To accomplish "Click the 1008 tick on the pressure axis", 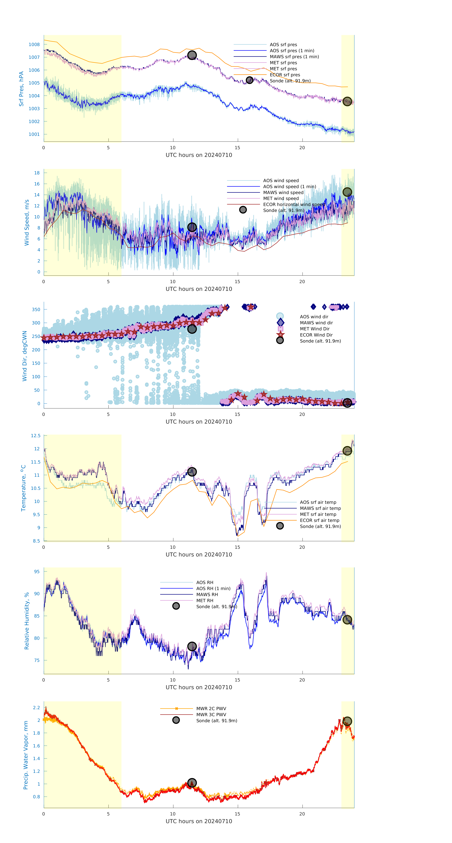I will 34,44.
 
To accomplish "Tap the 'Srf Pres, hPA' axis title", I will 21,89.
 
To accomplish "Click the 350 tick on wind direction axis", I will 36,309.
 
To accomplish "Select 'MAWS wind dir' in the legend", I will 316,323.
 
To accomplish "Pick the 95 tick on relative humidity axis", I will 37,571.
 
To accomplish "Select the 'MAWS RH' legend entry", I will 207,594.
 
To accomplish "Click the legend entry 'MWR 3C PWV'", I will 211,714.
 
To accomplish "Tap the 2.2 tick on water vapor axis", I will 36,708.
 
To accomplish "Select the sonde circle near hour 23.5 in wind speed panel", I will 347,192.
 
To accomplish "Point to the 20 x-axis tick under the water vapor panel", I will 302,814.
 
